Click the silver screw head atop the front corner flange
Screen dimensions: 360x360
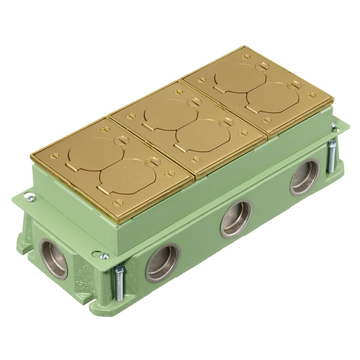click(x=105, y=256)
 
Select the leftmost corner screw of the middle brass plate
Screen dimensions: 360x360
click(x=130, y=115)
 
